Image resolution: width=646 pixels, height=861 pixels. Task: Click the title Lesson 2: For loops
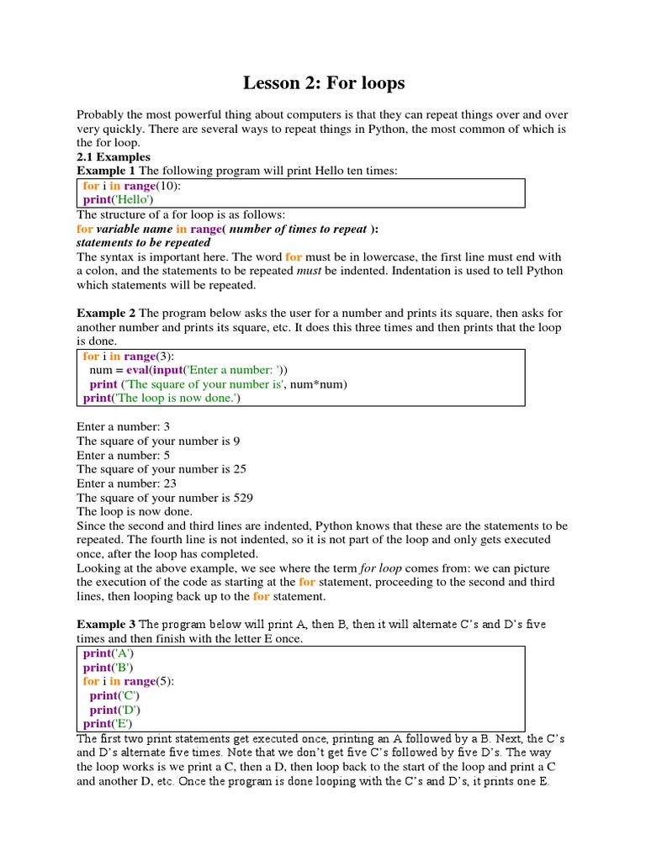[x=324, y=82]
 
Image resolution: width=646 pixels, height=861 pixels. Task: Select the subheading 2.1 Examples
[x=114, y=156]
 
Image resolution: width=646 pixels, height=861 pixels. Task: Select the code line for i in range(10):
[x=132, y=185]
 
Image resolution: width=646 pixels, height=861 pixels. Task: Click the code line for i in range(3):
[x=129, y=356]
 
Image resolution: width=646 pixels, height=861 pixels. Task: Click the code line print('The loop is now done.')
[x=161, y=398]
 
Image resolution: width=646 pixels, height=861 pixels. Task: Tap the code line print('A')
[x=109, y=652]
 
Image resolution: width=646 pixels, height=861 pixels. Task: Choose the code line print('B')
[x=109, y=667]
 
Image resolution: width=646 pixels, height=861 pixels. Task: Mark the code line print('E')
[x=108, y=723]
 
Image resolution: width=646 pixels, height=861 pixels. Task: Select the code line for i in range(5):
[x=129, y=681]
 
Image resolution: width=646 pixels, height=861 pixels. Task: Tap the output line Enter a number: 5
[x=123, y=455]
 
